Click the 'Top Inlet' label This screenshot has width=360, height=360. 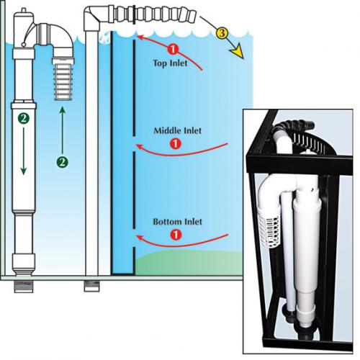(x=170, y=63)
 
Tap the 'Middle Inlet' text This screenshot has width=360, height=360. (x=177, y=131)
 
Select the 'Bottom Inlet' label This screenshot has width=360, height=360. (x=177, y=222)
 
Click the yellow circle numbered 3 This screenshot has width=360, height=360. (x=222, y=33)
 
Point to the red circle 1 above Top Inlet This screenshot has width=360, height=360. (x=173, y=49)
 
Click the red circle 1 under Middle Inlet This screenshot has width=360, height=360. (x=176, y=144)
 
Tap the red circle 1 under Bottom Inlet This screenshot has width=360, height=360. (x=176, y=235)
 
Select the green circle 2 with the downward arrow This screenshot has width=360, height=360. (x=23, y=118)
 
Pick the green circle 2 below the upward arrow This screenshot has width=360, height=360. (x=63, y=162)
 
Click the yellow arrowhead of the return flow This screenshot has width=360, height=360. (x=237, y=53)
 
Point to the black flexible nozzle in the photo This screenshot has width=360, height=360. (x=294, y=127)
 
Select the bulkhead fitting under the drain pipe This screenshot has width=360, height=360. (x=24, y=287)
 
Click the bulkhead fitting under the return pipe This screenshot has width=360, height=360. (x=91, y=286)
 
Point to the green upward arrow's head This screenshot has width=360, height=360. (x=63, y=110)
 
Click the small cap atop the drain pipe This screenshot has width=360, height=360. (x=23, y=11)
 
